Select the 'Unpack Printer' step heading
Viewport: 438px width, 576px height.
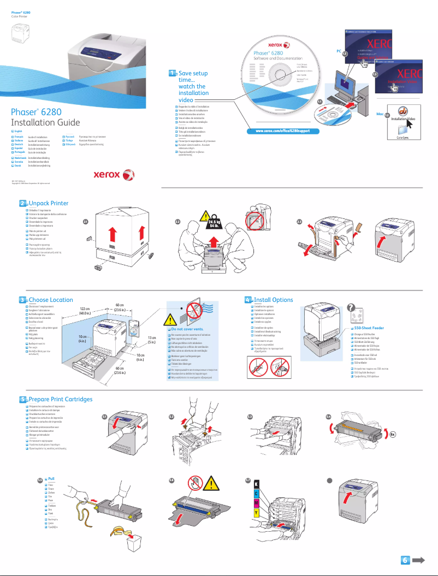point(48,204)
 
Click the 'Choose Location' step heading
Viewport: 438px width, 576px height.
point(50,300)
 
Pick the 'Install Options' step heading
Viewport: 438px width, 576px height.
point(273,300)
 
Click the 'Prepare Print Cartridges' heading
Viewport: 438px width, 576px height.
point(60,400)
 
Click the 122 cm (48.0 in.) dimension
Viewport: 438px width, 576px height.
point(85,311)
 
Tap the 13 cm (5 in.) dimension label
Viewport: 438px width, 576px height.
point(152,341)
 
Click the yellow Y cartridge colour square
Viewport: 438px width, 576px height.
point(257,513)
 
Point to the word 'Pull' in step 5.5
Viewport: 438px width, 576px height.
point(51,478)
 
